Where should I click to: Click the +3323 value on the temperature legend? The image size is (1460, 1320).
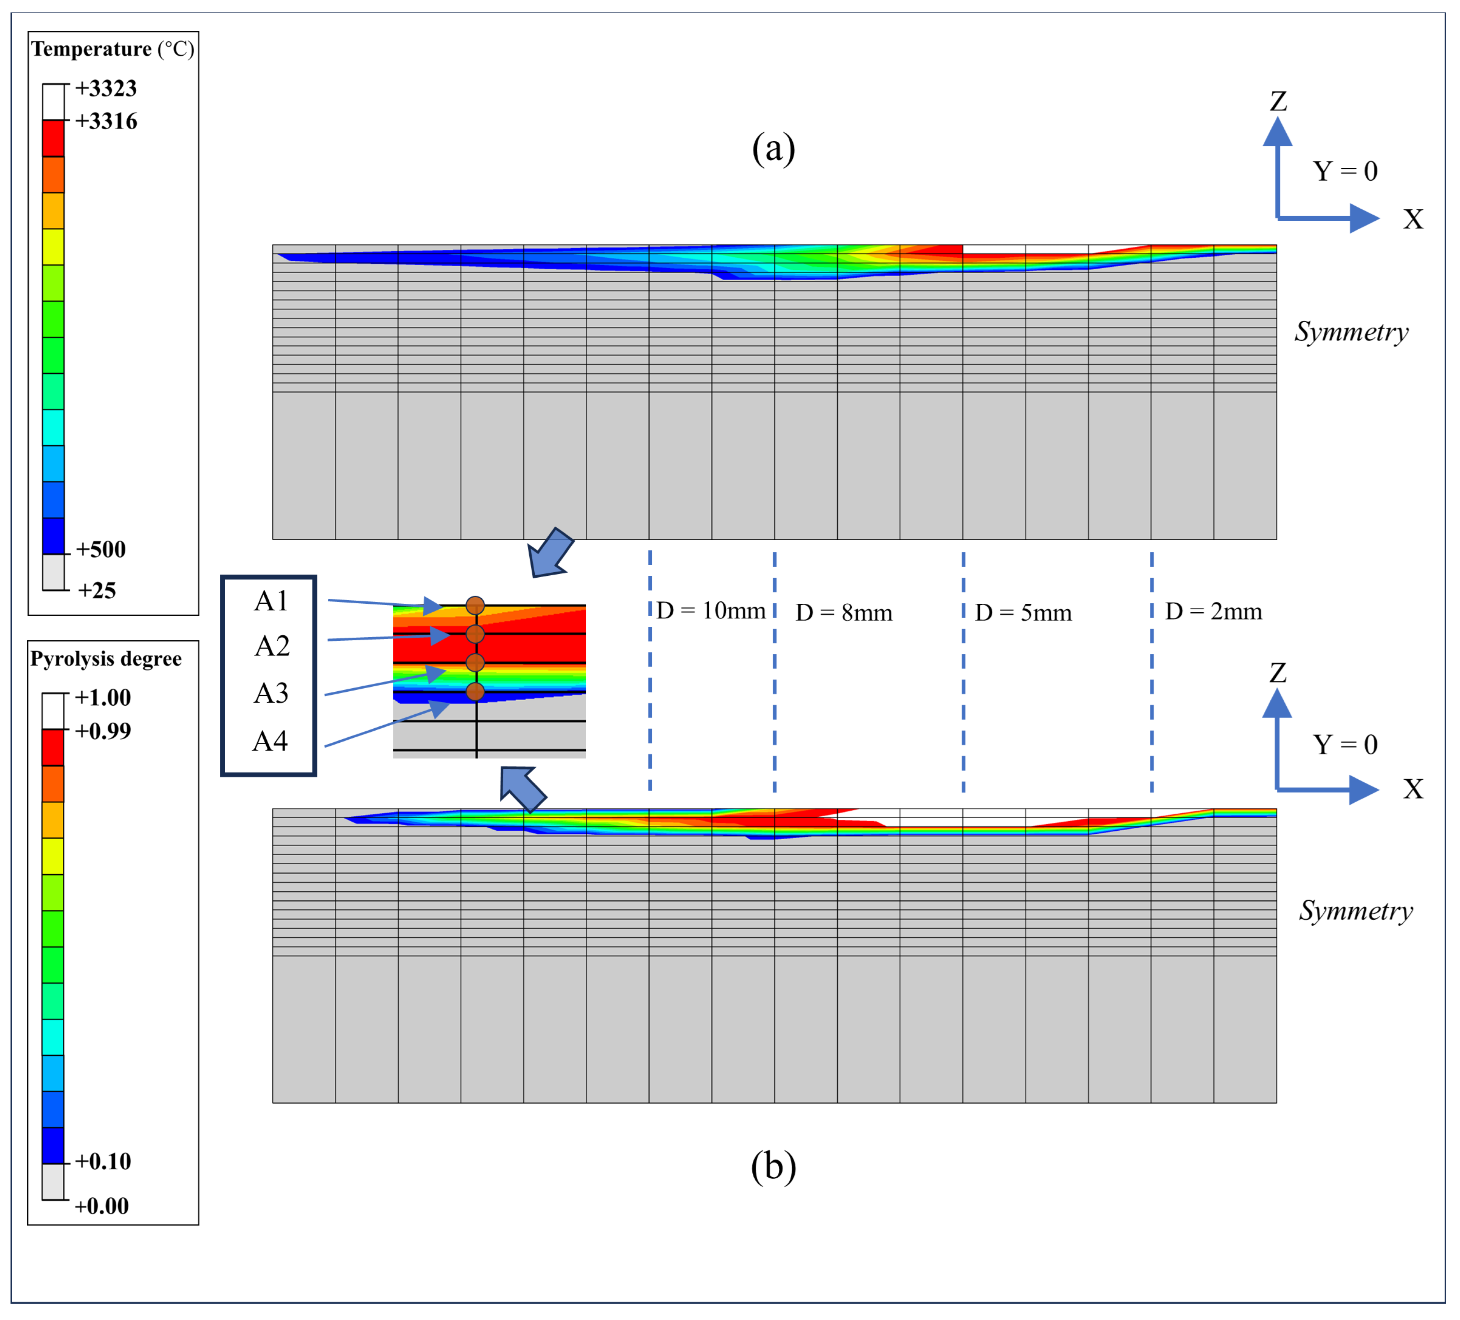click(x=106, y=88)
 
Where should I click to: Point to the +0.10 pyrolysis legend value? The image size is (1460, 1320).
click(x=103, y=1162)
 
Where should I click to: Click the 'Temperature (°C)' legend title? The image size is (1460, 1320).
click(x=112, y=49)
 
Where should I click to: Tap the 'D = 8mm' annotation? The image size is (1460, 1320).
click(x=844, y=613)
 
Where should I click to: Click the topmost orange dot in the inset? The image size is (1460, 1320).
click(x=475, y=605)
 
